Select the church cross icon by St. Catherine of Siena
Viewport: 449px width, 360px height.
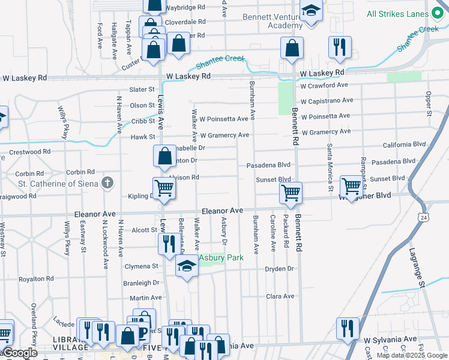(x=107, y=182)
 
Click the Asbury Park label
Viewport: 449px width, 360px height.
(x=221, y=258)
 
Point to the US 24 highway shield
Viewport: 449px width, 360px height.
(x=424, y=217)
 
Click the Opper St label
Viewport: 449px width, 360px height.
(x=428, y=103)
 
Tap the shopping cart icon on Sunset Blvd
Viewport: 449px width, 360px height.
(x=351, y=186)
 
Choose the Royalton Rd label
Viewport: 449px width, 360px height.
(x=32, y=279)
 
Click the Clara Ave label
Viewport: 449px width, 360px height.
(x=280, y=296)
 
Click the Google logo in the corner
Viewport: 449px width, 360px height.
(x=19, y=353)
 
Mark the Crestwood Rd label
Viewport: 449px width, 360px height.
(x=29, y=152)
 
